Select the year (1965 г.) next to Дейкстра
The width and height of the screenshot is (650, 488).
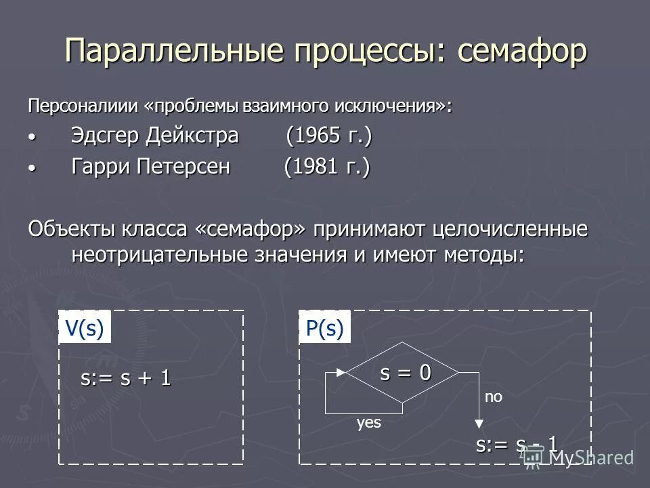[x=329, y=136]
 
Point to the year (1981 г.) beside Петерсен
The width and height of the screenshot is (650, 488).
[x=327, y=167]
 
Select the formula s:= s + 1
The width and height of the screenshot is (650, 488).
[x=126, y=378]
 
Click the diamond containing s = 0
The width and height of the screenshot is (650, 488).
[x=403, y=372]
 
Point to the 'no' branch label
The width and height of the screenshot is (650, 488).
[x=494, y=398]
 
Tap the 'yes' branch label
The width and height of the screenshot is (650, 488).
[x=369, y=424]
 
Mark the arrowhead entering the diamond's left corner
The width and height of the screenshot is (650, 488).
[x=341, y=372]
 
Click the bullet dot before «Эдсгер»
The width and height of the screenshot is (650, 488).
[x=30, y=138]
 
